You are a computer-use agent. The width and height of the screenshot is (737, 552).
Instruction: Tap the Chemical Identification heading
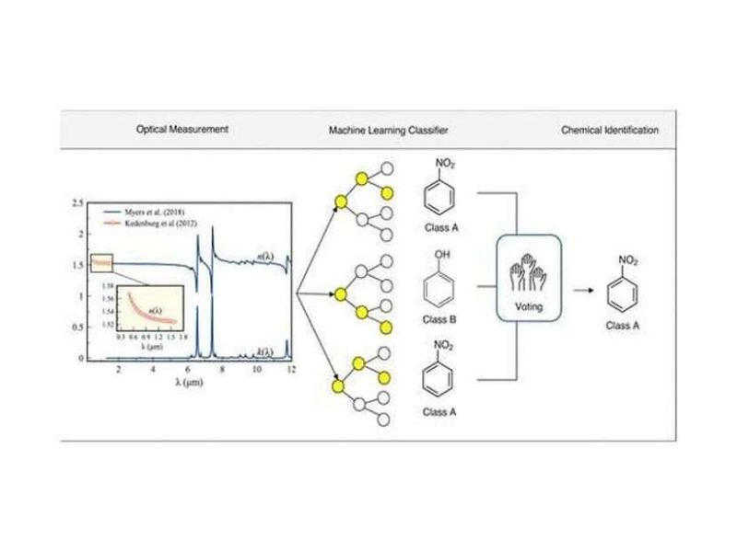610,131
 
